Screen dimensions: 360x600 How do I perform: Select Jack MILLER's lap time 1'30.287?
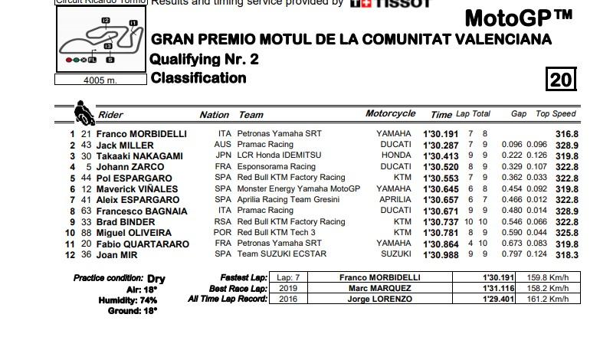[x=441, y=145]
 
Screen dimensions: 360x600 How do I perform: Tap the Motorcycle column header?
[x=390, y=113]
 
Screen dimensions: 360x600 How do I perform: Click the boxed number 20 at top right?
[x=561, y=80]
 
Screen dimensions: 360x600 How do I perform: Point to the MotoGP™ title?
[x=518, y=18]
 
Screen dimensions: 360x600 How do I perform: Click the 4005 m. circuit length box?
[x=100, y=80]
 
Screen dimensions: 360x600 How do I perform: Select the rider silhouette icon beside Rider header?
[x=84, y=113]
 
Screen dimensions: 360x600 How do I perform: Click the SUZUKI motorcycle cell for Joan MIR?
[x=395, y=255]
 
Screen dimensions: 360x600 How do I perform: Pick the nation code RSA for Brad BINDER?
[x=222, y=222]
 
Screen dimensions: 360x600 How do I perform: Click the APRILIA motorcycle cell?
[x=394, y=200]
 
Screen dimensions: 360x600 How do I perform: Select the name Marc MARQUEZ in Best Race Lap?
[x=379, y=288]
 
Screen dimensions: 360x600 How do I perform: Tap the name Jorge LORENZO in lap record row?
[x=379, y=299]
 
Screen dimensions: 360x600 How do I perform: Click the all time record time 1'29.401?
[x=497, y=299]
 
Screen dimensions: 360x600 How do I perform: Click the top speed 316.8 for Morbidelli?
[x=567, y=134]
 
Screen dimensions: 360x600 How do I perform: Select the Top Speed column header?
[x=556, y=114]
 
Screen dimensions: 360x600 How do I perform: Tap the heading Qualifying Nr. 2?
[x=204, y=59]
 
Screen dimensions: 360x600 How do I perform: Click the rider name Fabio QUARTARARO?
[x=143, y=244]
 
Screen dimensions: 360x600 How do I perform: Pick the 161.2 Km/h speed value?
[x=548, y=299]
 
